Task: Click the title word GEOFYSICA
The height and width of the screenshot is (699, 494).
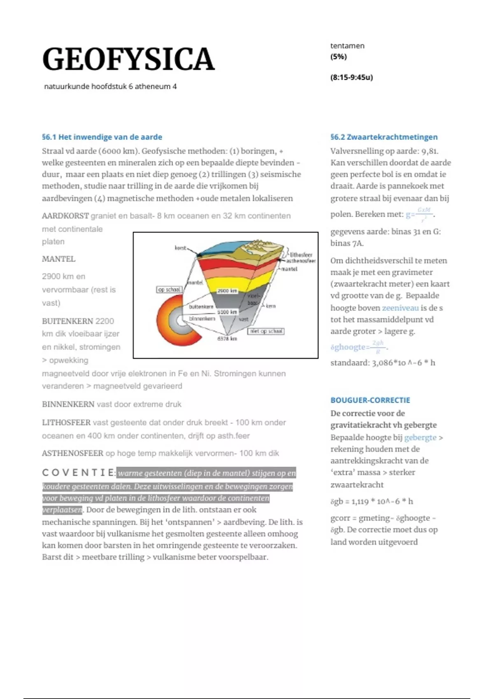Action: pyautogui.click(x=128, y=60)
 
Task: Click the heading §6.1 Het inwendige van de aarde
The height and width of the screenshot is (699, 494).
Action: pyautogui.click(x=102, y=137)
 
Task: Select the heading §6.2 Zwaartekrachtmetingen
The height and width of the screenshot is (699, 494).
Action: pyautogui.click(x=384, y=137)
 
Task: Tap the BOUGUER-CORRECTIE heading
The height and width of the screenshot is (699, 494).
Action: pyautogui.click(x=370, y=400)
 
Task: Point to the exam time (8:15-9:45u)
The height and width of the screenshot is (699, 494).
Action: pyautogui.click(x=351, y=77)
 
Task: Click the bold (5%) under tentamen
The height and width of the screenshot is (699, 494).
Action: pyautogui.click(x=338, y=57)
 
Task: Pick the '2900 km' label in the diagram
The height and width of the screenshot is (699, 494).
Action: pyautogui.click(x=227, y=291)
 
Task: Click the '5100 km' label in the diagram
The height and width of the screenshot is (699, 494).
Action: pyautogui.click(x=227, y=312)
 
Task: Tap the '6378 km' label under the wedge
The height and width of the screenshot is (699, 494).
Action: pyautogui.click(x=227, y=338)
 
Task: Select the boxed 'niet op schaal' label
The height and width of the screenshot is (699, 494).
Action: pyautogui.click(x=266, y=331)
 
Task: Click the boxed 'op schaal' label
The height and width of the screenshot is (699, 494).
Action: pyautogui.click(x=169, y=289)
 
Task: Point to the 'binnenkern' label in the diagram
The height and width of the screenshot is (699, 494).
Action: pyautogui.click(x=202, y=318)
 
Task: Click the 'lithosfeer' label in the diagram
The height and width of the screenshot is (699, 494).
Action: pyautogui.click(x=301, y=255)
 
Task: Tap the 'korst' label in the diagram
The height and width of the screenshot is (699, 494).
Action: pyautogui.click(x=180, y=248)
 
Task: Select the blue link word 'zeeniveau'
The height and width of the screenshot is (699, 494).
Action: pyautogui.click(x=400, y=308)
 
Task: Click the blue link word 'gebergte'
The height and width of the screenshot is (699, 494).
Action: pyautogui.click(x=420, y=437)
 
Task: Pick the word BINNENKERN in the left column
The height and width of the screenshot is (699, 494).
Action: pyautogui.click(x=68, y=404)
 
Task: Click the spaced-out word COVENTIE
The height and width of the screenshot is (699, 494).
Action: pyautogui.click(x=78, y=473)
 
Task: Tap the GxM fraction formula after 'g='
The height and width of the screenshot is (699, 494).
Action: pyautogui.click(x=424, y=213)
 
